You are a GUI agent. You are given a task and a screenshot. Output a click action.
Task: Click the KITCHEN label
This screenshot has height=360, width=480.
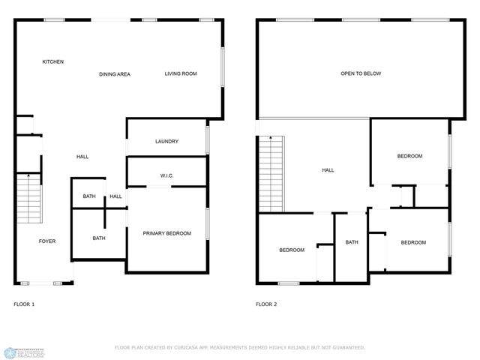pos(52,61)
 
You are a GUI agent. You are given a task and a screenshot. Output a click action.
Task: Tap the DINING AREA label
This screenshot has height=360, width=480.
pos(115,74)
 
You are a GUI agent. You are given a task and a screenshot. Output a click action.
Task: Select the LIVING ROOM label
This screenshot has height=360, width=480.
pos(181,73)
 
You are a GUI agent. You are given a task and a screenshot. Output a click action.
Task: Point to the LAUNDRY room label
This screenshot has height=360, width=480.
pos(166,142)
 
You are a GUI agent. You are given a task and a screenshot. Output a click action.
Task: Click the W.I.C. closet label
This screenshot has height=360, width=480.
pos(166,176)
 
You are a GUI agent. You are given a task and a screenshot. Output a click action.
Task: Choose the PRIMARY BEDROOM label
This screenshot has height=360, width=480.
pos(167,233)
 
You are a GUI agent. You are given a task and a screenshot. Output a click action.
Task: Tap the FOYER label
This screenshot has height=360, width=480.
pos(47,241)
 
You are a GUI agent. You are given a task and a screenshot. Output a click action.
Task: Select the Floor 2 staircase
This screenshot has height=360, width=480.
pos(271,174)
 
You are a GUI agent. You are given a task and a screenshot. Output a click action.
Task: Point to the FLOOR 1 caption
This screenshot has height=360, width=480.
pos(24,304)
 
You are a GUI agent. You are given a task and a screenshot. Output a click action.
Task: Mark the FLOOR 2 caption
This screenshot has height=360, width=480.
pos(266,304)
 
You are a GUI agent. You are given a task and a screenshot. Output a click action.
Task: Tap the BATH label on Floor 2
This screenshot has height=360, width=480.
pos(352,242)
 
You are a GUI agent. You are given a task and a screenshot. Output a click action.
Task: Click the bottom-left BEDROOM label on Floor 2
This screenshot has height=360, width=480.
pos(292,250)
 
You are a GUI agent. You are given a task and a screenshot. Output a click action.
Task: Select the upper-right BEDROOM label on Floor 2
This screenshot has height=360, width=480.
pos(409,156)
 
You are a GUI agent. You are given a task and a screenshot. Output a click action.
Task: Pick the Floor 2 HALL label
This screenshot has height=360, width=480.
pos(328,170)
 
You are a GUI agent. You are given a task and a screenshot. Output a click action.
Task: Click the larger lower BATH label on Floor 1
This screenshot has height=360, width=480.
pos(99,238)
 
